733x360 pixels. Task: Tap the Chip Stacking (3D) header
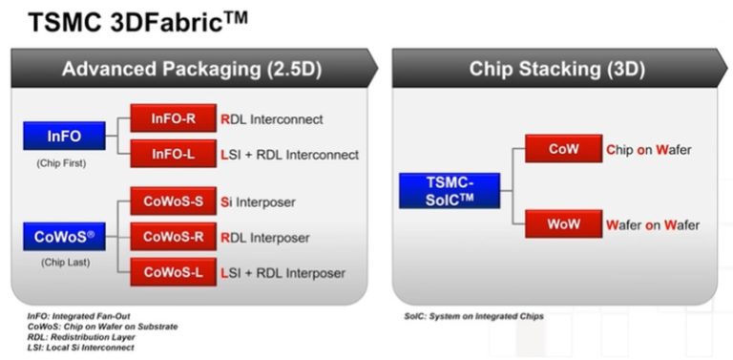(x=556, y=69)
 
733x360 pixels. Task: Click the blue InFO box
(x=63, y=136)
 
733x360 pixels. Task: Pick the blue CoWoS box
(x=63, y=235)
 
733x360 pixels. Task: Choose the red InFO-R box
(x=174, y=119)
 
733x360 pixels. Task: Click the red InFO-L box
(x=174, y=153)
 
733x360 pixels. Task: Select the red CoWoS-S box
(x=174, y=201)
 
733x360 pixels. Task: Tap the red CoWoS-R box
(x=174, y=236)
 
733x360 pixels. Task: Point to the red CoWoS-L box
(x=174, y=272)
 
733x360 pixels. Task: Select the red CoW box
(x=562, y=149)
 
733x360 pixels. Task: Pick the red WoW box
(x=562, y=224)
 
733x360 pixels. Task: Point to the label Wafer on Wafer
(x=652, y=225)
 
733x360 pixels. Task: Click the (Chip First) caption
(x=62, y=163)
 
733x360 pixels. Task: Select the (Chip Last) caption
(x=63, y=262)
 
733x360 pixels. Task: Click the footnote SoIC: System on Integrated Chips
(x=473, y=316)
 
